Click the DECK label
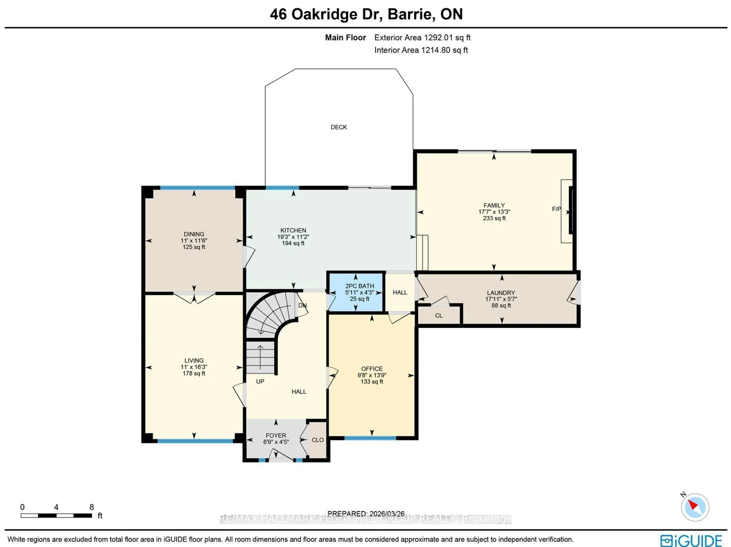339,127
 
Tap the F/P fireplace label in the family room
556,209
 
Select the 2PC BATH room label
360,286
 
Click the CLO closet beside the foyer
318,440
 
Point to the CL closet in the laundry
439,315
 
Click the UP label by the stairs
260,381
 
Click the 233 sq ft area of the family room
494,218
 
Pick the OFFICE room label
372,369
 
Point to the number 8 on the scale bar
92,507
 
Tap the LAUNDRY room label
501,293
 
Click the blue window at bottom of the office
370,438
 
